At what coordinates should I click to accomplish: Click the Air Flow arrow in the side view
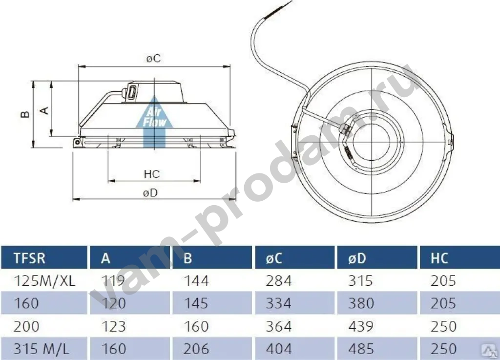(154, 122)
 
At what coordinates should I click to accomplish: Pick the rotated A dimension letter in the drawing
(44, 110)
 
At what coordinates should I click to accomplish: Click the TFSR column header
(30, 257)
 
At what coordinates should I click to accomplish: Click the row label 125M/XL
(45, 281)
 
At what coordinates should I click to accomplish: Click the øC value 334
(279, 303)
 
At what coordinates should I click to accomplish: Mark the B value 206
(196, 349)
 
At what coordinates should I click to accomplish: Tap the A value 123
(113, 326)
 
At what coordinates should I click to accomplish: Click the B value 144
(196, 281)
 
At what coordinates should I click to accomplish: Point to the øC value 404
(279, 349)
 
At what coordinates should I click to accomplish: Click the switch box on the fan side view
(132, 93)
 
